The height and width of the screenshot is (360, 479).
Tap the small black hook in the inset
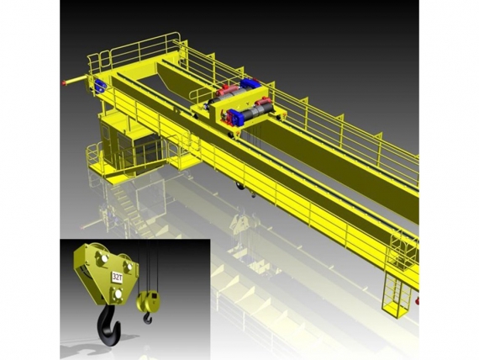tap(148, 318)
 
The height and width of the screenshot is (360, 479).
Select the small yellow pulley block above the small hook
tap(148, 302)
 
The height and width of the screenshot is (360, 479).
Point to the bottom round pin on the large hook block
tap(118, 294)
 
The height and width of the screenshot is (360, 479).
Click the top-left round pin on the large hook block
tap(103, 257)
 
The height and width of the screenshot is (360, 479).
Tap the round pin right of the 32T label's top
tap(129, 266)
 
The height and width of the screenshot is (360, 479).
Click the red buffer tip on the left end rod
tap(65, 82)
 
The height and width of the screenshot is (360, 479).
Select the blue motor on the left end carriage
tap(100, 86)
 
